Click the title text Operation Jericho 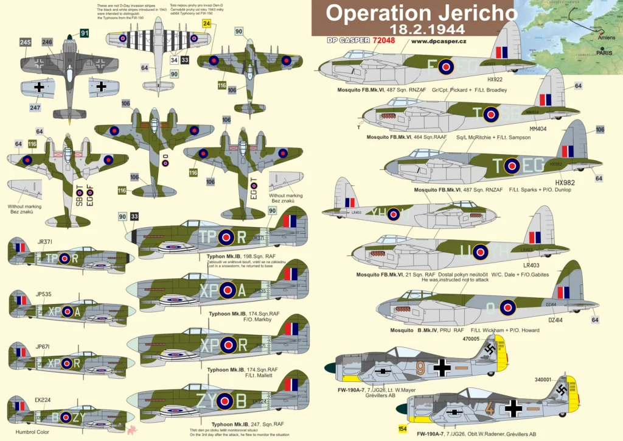pyautogui.click(x=412, y=13)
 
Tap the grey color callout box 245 pyautogui.click(x=25, y=42)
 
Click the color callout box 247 pyautogui.click(x=36, y=108)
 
